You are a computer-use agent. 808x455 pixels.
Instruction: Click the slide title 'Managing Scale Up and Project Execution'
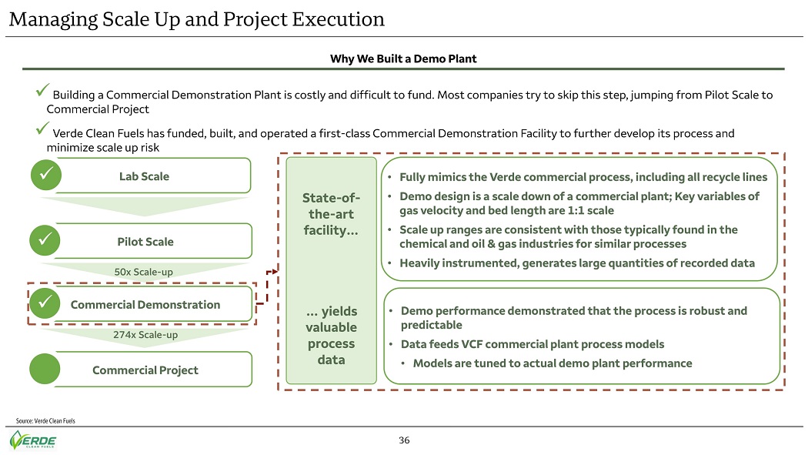197,18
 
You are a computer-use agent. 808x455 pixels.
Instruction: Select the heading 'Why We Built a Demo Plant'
403,59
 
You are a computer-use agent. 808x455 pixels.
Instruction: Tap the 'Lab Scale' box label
144,176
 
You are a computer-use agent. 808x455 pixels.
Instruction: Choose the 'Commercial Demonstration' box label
145,304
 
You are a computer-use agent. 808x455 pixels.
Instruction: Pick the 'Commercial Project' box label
145,370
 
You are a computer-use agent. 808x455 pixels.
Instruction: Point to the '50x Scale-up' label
144,272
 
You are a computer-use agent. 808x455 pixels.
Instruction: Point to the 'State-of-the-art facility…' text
331,214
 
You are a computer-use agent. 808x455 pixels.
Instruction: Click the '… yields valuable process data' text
331,335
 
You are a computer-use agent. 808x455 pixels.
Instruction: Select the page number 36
404,441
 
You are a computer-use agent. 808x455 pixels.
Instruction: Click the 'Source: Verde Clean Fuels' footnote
45,420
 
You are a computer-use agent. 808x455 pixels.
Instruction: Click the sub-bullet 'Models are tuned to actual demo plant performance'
552,363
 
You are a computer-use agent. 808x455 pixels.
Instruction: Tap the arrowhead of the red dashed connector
271,272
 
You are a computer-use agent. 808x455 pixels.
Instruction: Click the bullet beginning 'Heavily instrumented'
577,263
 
